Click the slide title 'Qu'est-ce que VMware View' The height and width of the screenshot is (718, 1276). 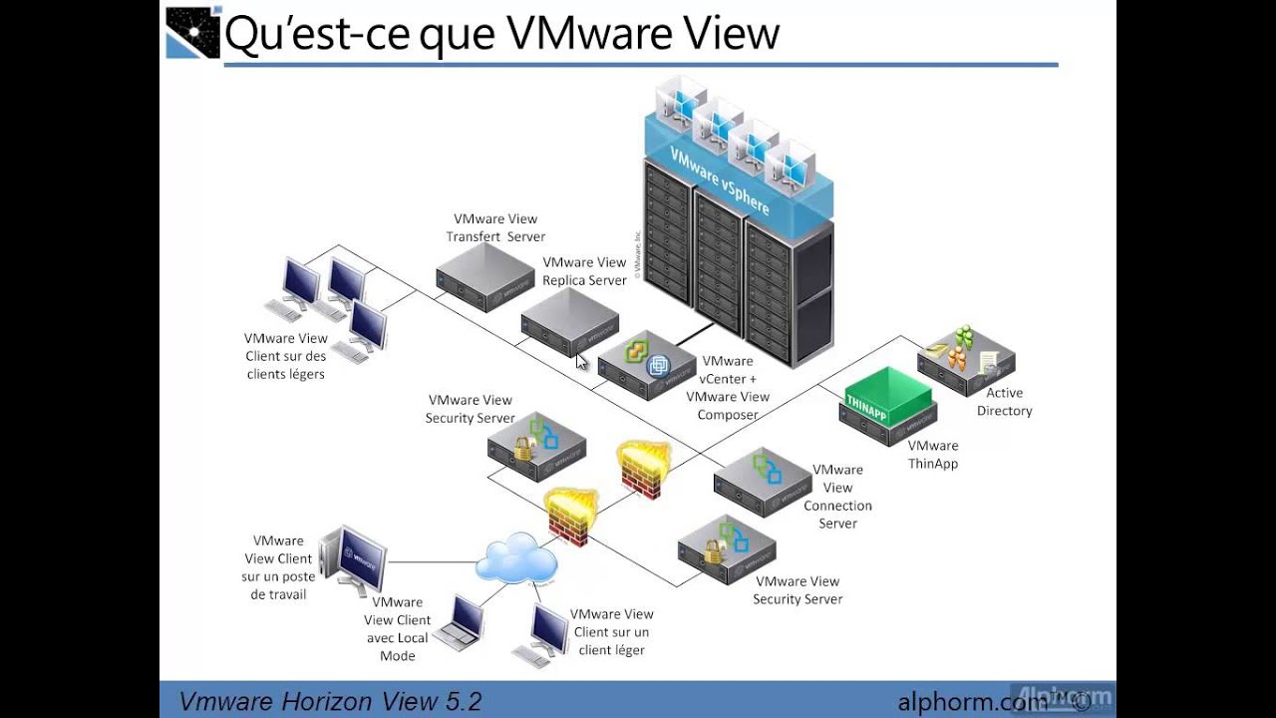(x=501, y=32)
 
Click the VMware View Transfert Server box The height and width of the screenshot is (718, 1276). (x=484, y=277)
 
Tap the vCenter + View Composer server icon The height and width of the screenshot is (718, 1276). (x=647, y=365)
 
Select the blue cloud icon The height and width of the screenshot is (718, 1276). (x=515, y=557)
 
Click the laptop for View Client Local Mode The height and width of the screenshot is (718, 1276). (x=461, y=623)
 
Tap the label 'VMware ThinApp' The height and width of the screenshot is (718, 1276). (x=933, y=455)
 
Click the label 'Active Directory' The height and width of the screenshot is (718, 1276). (x=1004, y=402)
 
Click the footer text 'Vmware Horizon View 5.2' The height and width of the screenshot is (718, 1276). (x=330, y=700)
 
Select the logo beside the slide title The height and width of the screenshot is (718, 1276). (x=192, y=32)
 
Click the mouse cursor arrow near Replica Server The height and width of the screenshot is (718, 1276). (x=582, y=361)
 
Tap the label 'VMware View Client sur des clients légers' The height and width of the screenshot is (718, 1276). (x=286, y=356)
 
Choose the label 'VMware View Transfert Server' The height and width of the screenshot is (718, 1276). (x=495, y=227)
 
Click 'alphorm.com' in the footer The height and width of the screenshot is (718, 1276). (x=972, y=701)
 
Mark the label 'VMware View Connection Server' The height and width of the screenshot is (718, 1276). (x=837, y=496)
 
